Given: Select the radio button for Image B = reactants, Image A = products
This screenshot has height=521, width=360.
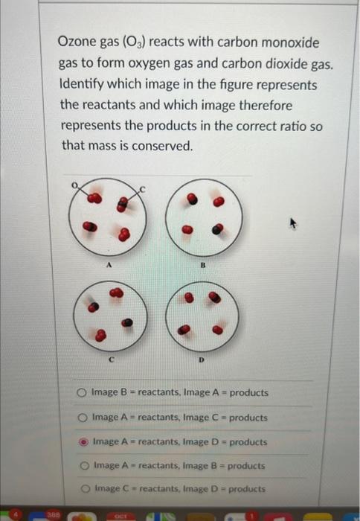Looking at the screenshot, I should [82, 392].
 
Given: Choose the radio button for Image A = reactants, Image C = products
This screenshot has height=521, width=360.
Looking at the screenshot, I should [82, 418].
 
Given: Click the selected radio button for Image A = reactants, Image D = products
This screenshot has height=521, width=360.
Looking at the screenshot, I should [83, 442].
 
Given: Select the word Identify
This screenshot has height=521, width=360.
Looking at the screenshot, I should [83, 85].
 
